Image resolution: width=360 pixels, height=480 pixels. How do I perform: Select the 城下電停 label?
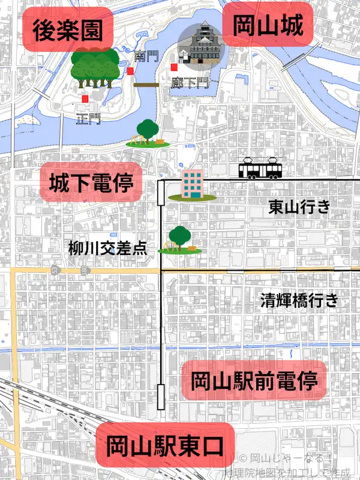coord(91,184)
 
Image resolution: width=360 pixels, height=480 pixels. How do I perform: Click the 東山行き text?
coord(299,208)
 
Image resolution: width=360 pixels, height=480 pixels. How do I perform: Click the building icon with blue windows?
coord(192,185)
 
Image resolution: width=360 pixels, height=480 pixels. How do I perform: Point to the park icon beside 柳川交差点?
coord(180,241)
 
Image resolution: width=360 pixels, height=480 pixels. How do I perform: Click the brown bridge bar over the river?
coord(146,85)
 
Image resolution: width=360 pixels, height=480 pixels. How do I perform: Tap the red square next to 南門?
coord(130,71)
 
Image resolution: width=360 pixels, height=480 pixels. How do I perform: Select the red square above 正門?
coord(86,98)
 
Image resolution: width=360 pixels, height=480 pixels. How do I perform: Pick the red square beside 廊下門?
coord(173,67)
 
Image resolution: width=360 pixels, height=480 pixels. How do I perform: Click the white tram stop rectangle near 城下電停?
coord(161,195)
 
